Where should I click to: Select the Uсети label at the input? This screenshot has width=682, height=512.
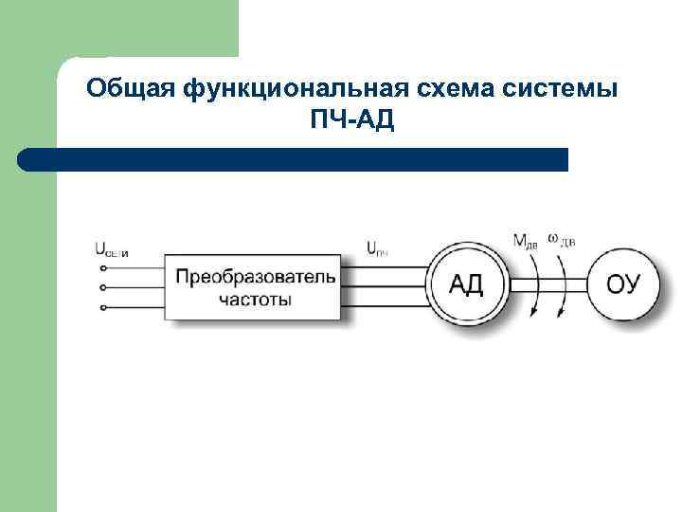coord(112,250)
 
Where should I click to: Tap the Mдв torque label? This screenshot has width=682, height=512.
coord(525,241)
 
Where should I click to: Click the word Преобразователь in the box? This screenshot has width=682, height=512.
coord(255,277)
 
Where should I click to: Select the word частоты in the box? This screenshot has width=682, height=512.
coord(255,299)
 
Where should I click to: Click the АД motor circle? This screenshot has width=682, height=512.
coord(468,283)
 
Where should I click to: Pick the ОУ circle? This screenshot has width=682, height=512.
coord(623,283)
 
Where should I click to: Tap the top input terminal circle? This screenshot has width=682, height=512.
coord(102,266)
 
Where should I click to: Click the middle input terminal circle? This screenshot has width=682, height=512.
coord(102,287)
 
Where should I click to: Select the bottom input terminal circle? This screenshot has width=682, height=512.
coord(102,307)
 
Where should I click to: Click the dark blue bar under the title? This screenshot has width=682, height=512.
coord(294,159)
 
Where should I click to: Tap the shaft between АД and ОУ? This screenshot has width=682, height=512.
coord(549,283)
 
